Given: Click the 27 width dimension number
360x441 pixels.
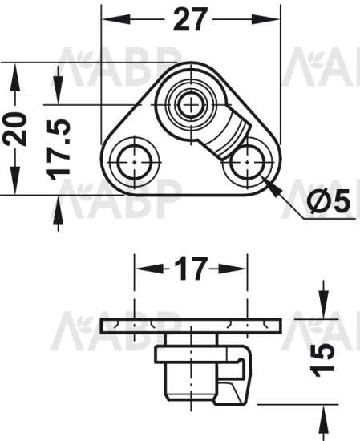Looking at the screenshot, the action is (x=191, y=19).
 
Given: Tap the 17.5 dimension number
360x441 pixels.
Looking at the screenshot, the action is (x=59, y=150).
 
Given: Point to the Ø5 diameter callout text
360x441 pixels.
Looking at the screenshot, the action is (x=328, y=200).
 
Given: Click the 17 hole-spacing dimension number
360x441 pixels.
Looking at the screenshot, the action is (x=191, y=269).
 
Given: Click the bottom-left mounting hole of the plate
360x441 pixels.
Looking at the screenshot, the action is (x=135, y=162).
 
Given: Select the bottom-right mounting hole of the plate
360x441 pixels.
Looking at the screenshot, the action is (x=247, y=162).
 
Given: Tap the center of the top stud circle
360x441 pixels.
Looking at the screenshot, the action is (x=191, y=105).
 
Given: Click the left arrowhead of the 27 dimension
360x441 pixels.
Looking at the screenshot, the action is (x=116, y=20).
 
